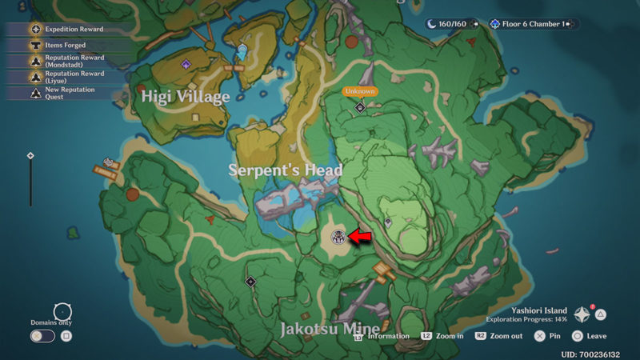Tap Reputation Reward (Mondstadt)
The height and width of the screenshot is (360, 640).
[x=74, y=62]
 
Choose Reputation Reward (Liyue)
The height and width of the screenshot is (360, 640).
[x=74, y=77]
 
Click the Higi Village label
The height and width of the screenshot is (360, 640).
[x=186, y=97]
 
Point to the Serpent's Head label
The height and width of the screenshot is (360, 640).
[x=286, y=170]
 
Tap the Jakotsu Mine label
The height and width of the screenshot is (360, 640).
[x=330, y=328]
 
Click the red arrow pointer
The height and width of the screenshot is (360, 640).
[x=361, y=237]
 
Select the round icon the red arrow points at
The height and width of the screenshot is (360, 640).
[x=338, y=236]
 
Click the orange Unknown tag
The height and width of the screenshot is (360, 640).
[x=360, y=91]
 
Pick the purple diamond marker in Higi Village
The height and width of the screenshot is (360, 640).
[x=186, y=64]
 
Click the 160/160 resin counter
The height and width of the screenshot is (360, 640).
[x=453, y=24]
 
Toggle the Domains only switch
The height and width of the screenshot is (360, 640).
[x=43, y=336]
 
